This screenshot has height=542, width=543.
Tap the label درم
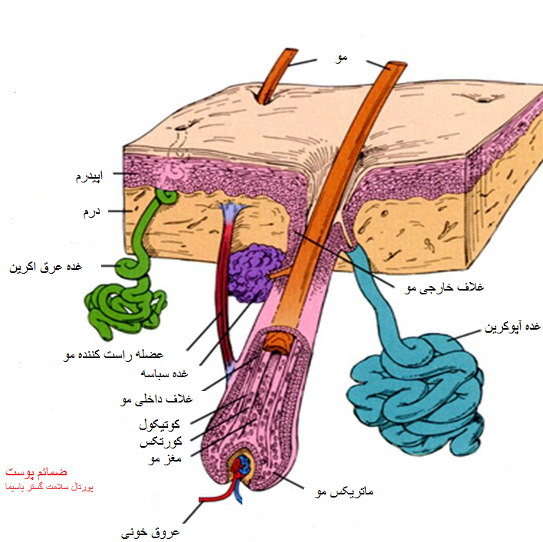point(92,209)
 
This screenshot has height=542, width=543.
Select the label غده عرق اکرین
point(45,268)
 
